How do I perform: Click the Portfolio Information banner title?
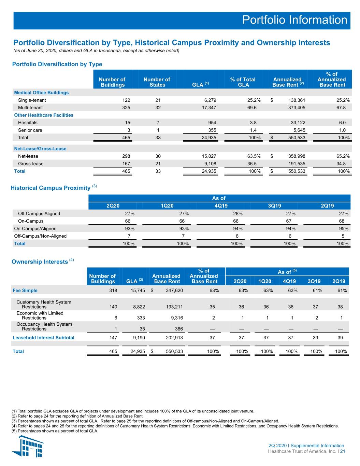click(294, 20)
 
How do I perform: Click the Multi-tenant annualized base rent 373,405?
click(297, 108)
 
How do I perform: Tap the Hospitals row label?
click(28, 123)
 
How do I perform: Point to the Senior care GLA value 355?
click(212, 130)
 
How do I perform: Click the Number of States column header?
click(157, 82)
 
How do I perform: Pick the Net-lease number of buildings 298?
click(126, 156)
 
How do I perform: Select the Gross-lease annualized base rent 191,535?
click(297, 164)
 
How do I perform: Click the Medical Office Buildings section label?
click(41, 93)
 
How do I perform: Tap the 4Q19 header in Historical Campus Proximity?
click(221, 206)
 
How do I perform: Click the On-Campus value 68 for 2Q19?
click(342, 221)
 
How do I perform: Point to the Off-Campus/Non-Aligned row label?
click(40, 236)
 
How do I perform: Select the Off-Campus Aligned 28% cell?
click(237, 214)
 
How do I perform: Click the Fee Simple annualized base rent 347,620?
click(174, 291)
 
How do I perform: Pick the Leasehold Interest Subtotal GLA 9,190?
click(139, 338)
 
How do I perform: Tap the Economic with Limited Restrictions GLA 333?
click(141, 318)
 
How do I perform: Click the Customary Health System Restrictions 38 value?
click(340, 307)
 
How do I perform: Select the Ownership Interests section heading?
click(40, 262)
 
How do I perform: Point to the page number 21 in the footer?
click(343, 451)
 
